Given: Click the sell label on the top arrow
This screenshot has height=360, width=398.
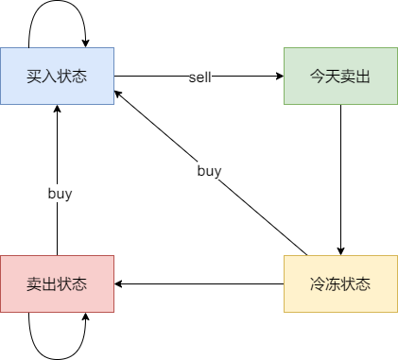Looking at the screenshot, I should [199, 77].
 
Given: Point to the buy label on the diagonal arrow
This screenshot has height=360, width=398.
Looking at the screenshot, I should [209, 171].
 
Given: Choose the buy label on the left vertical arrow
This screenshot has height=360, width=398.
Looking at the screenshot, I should [60, 193].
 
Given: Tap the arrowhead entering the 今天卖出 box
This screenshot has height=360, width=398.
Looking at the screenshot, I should [279, 76].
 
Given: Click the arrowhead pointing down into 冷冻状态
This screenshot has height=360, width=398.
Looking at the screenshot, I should [340, 250].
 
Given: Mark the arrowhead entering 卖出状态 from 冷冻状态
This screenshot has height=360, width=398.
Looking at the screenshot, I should [119, 283].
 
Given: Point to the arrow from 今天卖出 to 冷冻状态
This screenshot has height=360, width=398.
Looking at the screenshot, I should [340, 180].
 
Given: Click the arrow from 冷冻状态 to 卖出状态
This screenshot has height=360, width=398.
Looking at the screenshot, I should [199, 283].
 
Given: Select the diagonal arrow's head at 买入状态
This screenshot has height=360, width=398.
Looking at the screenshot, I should [119, 92].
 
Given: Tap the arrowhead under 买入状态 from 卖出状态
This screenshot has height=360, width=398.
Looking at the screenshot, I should [57, 110].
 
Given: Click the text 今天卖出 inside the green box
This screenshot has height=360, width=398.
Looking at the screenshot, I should [340, 76].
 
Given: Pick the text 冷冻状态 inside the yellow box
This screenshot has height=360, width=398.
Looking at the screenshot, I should [340, 283].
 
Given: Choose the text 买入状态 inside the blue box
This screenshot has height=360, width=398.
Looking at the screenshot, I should [57, 76].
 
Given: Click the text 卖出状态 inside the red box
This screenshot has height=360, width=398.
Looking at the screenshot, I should [57, 283].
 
